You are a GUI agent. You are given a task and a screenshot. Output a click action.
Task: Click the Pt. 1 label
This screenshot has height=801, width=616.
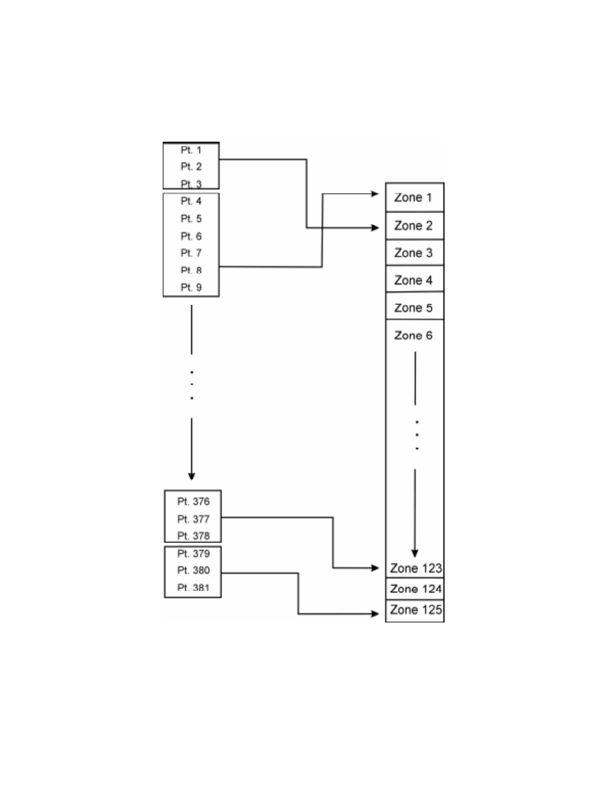[191, 150]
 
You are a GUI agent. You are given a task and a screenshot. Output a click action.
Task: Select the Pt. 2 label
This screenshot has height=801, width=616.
[191, 167]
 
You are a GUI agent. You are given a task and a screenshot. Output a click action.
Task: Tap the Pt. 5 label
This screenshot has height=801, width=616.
[191, 219]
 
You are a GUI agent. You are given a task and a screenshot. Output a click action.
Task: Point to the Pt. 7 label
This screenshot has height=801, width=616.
[191, 253]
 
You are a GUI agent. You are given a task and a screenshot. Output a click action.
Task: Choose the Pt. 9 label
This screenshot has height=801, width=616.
[191, 287]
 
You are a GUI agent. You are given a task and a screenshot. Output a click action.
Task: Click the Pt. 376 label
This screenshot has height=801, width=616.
[193, 502]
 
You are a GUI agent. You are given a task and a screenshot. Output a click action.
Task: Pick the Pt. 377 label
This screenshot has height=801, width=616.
[193, 519]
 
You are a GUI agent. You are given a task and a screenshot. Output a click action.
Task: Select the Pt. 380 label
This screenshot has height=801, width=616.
[193, 570]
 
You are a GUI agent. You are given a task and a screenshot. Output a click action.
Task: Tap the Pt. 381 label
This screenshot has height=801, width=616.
[193, 588]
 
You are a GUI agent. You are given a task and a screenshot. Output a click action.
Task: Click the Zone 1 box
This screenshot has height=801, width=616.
[414, 197]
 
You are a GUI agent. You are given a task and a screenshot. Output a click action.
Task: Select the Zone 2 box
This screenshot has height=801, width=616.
[414, 226]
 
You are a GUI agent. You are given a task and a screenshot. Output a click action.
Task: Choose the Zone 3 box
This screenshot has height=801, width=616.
[414, 253]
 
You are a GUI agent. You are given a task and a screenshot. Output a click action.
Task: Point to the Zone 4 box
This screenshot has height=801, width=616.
[414, 280]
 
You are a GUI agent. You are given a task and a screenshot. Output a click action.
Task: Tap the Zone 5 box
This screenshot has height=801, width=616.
[414, 307]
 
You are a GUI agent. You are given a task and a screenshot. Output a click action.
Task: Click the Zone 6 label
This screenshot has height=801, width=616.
[413, 336]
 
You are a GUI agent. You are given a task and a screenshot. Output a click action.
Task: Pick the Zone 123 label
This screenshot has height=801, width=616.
[415, 568]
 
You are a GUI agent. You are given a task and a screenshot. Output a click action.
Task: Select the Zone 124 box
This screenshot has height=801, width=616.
[415, 589]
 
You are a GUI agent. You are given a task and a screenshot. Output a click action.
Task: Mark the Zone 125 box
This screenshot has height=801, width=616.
[415, 610]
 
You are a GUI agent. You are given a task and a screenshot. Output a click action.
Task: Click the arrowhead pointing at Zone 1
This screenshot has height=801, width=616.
[375, 194]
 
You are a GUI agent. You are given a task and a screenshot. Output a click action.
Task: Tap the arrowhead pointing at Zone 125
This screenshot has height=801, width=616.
[375, 613]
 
